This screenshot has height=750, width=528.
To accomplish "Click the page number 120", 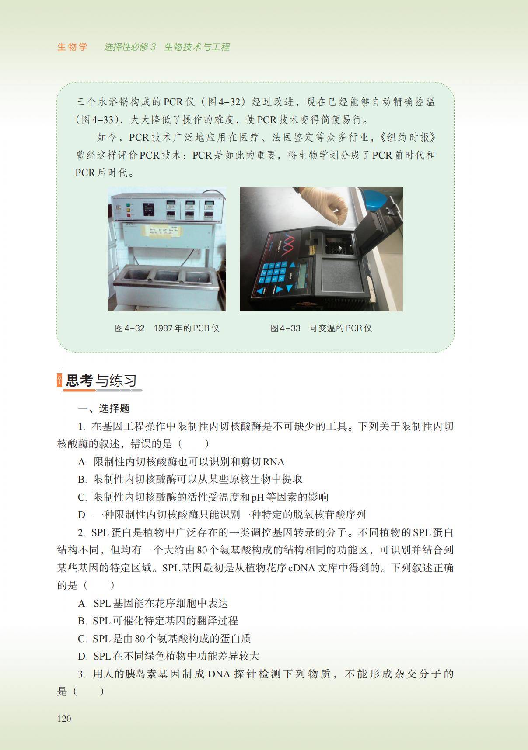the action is click(64, 719).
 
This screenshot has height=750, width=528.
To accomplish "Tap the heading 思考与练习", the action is click(101, 380).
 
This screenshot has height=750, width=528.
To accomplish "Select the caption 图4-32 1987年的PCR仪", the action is click(167, 328).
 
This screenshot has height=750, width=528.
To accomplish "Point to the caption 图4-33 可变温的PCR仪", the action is click(321, 328).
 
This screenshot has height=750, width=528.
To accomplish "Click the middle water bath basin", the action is click(167, 276).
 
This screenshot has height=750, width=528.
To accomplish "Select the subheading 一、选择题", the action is click(104, 408).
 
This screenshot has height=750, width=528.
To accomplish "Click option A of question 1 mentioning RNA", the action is click(181, 462).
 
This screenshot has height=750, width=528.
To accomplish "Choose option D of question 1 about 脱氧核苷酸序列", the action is click(222, 515).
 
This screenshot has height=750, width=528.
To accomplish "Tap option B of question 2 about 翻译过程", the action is click(158, 621).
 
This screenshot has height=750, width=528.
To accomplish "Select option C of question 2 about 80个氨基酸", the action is click(164, 639).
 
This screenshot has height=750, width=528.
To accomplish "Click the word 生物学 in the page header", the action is click(72, 47).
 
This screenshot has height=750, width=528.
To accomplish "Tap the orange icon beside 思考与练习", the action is click(60, 380).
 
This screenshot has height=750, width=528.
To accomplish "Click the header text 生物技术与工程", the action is click(197, 47).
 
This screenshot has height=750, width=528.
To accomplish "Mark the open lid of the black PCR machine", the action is click(376, 234).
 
